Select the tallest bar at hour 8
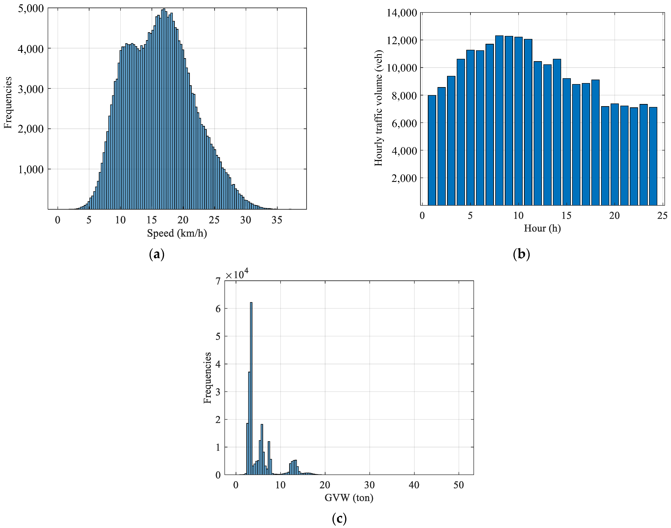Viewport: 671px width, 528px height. pyautogui.click(x=499, y=121)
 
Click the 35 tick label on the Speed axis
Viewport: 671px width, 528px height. pyautogui.click(x=277, y=220)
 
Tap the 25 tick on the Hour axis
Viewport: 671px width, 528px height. pyautogui.click(x=662, y=216)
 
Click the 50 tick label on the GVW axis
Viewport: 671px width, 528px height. pyautogui.click(x=459, y=485)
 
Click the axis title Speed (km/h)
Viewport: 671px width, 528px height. pyautogui.click(x=177, y=233)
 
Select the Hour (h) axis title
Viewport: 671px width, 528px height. pyautogui.click(x=542, y=228)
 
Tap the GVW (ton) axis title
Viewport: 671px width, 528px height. pyautogui.click(x=349, y=498)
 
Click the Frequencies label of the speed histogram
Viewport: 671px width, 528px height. pyautogui.click(x=8, y=102)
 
